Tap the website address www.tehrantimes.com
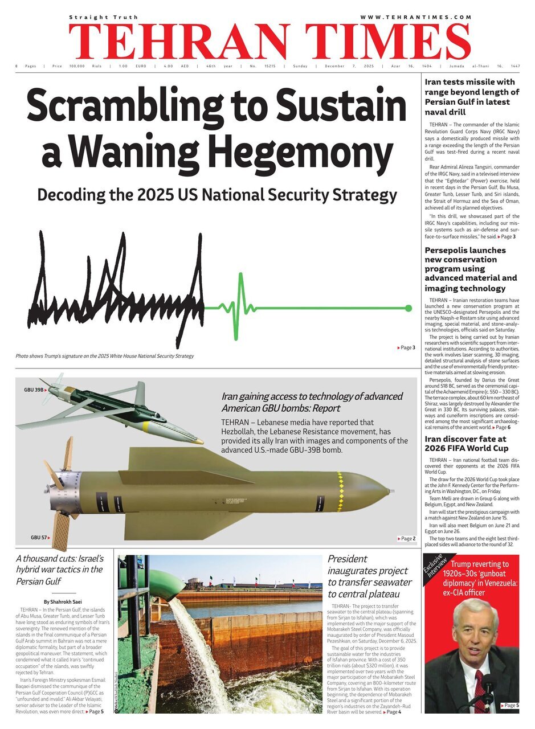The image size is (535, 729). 415,17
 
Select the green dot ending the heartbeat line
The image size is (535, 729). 408,308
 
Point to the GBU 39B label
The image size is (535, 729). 34,390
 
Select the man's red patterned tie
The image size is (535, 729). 479,692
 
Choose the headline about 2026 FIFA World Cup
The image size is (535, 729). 465,444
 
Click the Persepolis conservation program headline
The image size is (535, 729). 471,269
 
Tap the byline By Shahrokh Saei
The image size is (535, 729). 63,601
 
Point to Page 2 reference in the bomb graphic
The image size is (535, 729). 406,538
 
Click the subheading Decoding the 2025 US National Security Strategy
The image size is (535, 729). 217,195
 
